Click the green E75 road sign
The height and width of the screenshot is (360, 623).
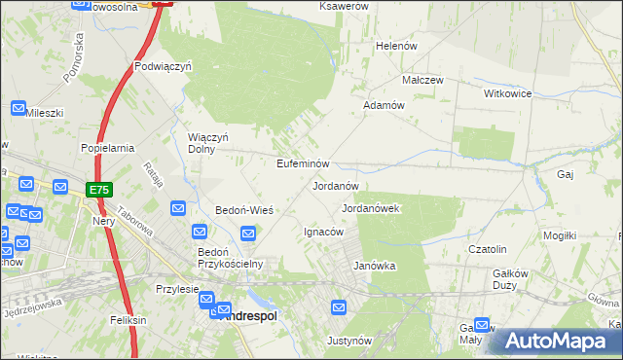click(x=97, y=190)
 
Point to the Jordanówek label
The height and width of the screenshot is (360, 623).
click(x=371, y=208)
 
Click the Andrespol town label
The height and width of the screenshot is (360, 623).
click(x=248, y=316)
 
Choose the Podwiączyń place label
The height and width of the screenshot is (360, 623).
click(x=163, y=67)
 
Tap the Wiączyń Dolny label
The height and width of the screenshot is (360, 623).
click(x=208, y=143)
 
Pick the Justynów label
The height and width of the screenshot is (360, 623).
click(x=350, y=342)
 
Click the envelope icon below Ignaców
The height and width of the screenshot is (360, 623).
click(x=339, y=308)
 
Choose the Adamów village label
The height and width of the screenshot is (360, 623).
click(x=384, y=105)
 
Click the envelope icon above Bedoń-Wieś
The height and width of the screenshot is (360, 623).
click(x=178, y=208)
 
